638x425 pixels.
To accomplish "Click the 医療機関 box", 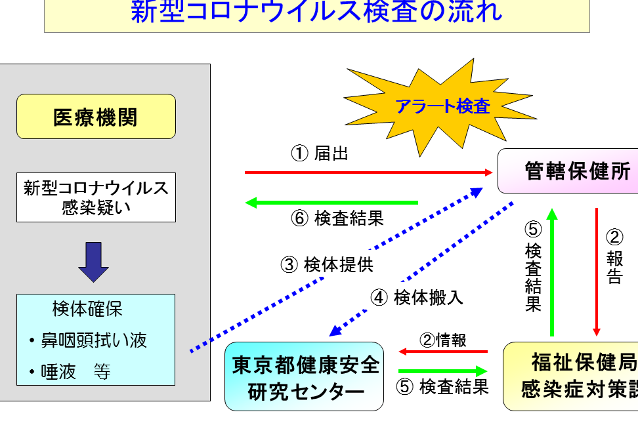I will pos(96,117).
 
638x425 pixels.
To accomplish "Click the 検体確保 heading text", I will pos(87,308).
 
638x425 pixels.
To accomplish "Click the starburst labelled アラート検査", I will pos(441,106).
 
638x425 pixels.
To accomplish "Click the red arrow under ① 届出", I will pos(368,172).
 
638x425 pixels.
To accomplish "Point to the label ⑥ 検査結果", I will pos(337,218).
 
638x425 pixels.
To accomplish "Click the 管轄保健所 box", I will pos(568,171).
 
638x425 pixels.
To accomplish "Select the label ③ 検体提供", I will pos(327,265).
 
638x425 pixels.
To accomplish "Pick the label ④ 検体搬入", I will pos(417,297).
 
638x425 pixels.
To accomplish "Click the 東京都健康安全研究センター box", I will pos(305,376).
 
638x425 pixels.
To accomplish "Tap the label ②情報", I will pos(443,340).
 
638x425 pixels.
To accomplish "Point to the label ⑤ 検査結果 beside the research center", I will pos(442,386).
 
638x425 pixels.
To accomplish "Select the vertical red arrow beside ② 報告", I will pos(597,272).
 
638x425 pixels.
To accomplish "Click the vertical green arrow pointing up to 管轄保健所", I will pos(553,272).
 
